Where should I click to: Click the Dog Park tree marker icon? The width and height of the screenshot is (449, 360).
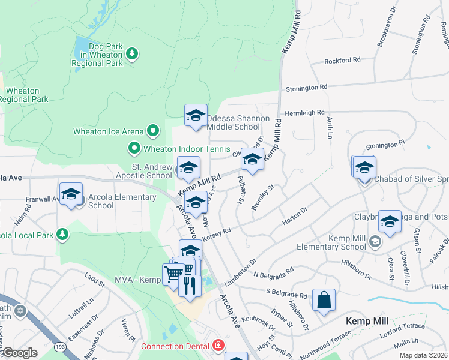(x=132, y=55)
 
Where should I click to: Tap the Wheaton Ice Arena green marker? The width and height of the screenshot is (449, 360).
(x=153, y=130)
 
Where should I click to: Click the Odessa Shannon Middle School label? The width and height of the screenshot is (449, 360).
(x=234, y=122)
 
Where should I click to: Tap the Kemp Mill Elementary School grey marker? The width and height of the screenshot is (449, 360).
(x=375, y=242)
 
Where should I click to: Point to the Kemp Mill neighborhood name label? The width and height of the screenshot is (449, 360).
(x=367, y=321)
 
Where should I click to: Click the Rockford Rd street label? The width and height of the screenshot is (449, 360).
(x=342, y=61)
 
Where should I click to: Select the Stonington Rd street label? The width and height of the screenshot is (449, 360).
(x=306, y=88)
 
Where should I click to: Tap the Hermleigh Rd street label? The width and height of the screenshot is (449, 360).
(x=304, y=112)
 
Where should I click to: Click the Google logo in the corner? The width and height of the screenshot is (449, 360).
(x=19, y=352)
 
